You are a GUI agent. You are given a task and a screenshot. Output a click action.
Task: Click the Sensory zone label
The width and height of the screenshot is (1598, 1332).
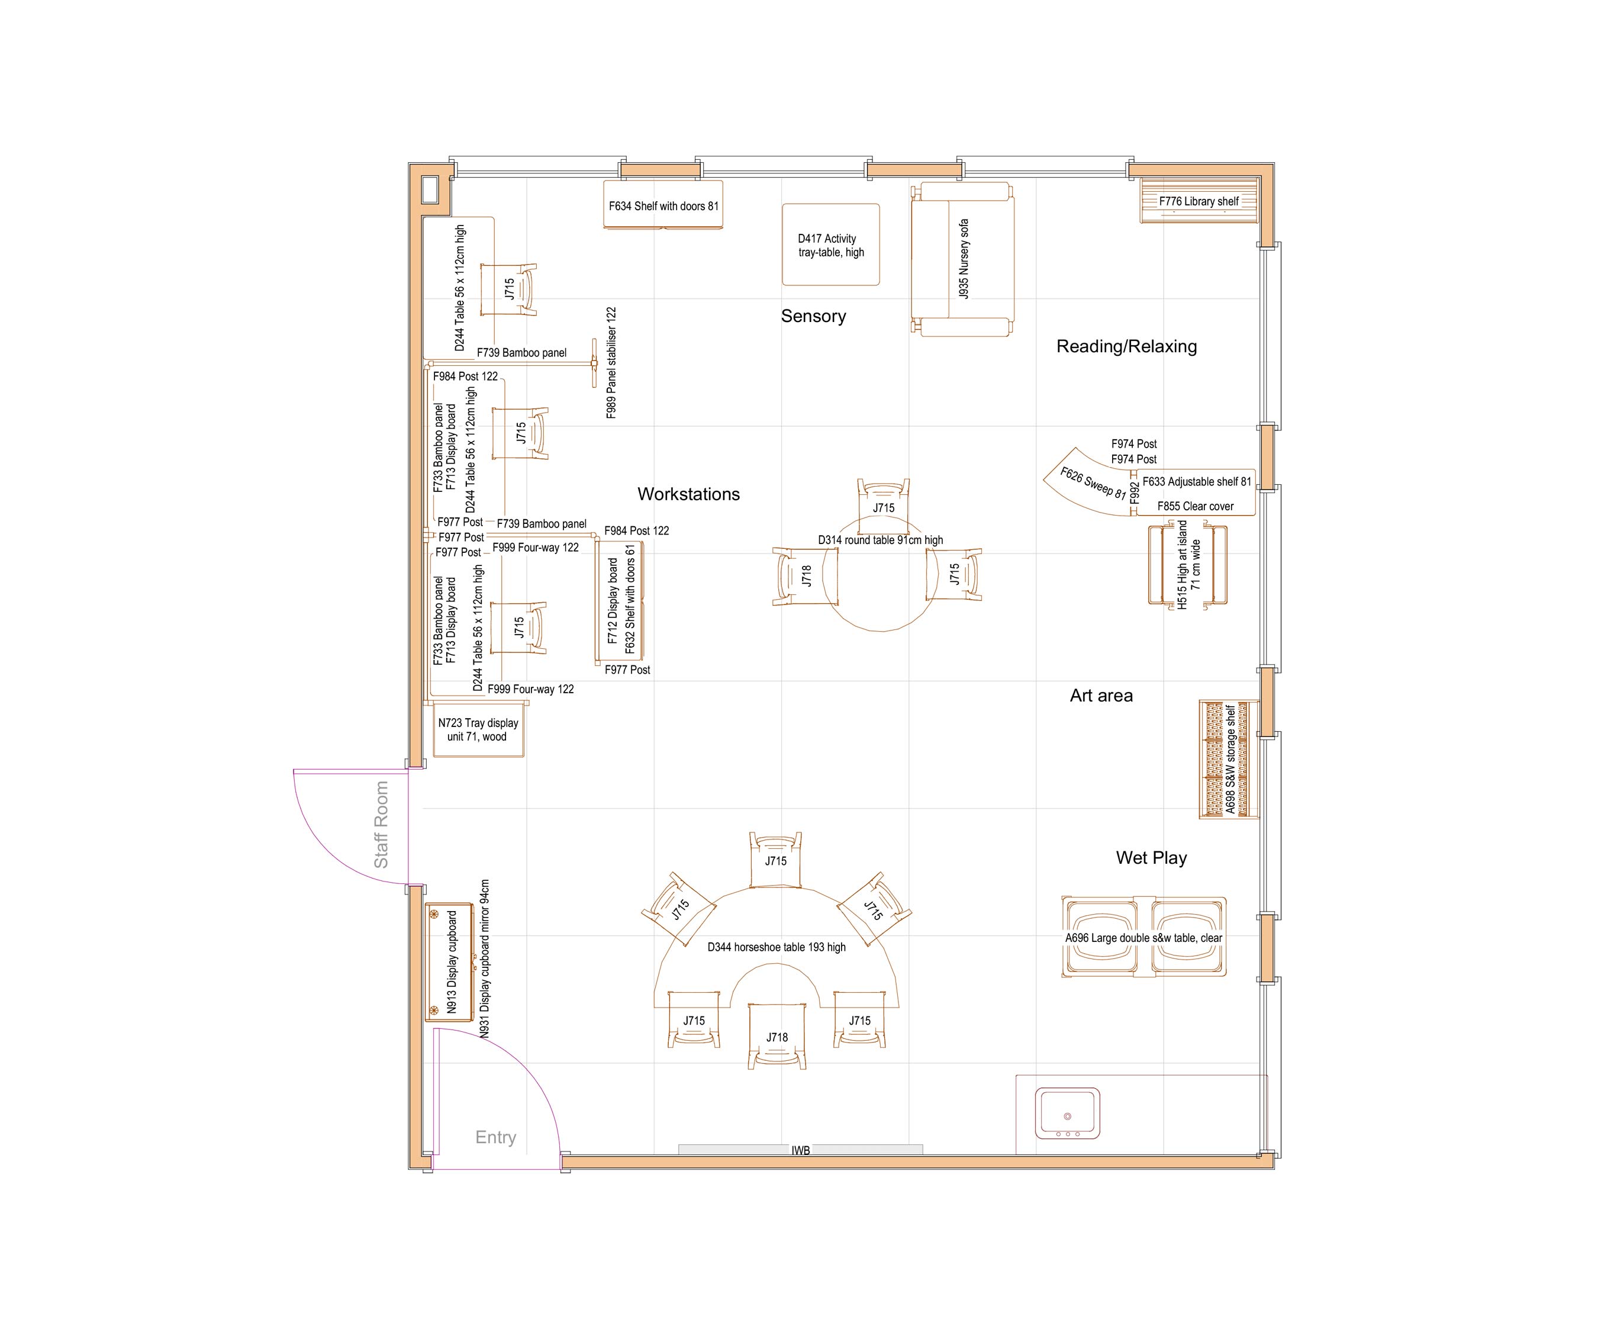813,316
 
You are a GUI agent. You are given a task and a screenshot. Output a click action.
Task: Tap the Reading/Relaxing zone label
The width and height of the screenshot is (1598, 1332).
1126,346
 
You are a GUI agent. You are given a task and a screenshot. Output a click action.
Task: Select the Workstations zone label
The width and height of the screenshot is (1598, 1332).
688,494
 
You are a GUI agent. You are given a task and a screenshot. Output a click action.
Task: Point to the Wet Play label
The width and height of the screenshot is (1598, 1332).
1151,858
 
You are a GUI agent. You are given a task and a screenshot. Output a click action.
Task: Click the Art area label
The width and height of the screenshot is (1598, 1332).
1100,695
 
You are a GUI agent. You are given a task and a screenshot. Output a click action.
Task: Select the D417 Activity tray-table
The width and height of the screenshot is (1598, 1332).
830,245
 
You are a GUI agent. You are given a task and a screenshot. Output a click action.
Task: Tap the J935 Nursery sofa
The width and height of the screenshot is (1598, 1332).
962,259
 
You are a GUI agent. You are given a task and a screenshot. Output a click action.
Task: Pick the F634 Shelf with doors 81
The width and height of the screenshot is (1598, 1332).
663,205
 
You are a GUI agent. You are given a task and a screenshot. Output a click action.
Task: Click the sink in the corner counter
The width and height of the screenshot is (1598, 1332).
1067,1113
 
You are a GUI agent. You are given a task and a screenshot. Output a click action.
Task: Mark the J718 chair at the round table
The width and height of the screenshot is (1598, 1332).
804,576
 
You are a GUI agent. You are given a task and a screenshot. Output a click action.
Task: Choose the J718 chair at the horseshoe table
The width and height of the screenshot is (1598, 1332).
776,1037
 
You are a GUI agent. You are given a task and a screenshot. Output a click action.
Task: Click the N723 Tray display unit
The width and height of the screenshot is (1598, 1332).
478,730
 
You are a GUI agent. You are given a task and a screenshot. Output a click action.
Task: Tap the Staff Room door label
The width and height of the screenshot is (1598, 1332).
381,824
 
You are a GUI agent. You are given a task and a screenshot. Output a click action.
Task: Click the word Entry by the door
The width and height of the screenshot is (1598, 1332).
495,1137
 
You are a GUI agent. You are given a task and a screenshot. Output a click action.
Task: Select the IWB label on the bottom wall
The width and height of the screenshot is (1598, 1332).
800,1150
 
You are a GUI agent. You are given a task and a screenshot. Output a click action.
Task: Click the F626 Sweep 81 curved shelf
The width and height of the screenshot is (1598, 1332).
1091,483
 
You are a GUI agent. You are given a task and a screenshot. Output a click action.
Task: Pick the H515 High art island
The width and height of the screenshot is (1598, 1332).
1187,564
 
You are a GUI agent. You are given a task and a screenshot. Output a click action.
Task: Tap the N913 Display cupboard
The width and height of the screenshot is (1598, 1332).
450,962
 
